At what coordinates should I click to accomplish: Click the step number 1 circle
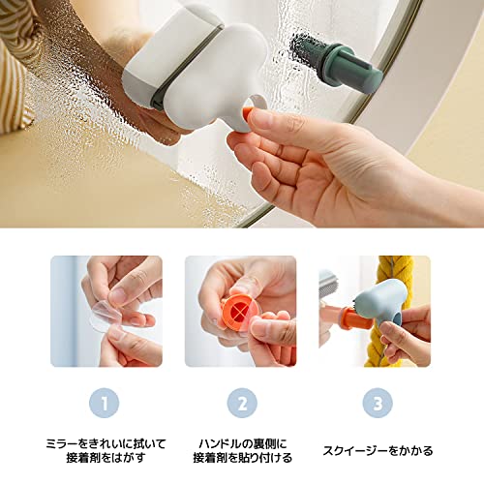[104, 403]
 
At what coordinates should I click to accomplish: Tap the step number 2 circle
[242, 403]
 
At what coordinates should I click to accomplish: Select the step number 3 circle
[378, 403]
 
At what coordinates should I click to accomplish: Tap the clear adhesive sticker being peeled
[105, 317]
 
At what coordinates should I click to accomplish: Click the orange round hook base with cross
[239, 312]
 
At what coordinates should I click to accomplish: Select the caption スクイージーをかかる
[378, 450]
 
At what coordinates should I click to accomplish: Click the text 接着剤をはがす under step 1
[106, 458]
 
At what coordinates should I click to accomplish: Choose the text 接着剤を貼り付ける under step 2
[242, 458]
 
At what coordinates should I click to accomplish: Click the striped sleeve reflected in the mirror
[16, 65]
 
